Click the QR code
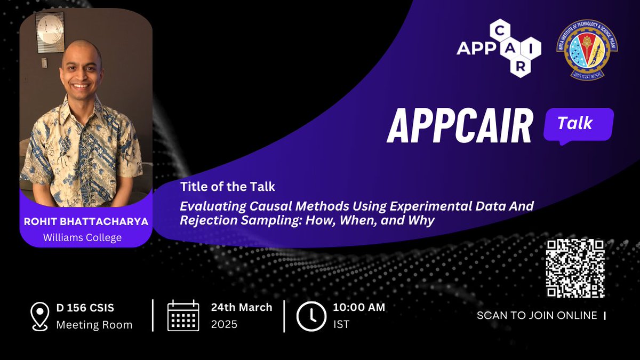(x=575, y=268)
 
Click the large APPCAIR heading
(x=459, y=127)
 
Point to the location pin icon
(x=40, y=315)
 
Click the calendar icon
(x=183, y=316)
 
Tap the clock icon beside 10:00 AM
(x=310, y=316)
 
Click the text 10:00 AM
(x=358, y=307)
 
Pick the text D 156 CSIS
(x=85, y=308)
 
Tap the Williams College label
(x=86, y=237)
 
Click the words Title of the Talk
(x=227, y=187)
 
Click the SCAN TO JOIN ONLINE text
(x=537, y=316)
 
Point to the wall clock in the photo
(x=50, y=32)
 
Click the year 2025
(x=224, y=324)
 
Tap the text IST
(x=341, y=324)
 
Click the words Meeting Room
(x=94, y=324)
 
